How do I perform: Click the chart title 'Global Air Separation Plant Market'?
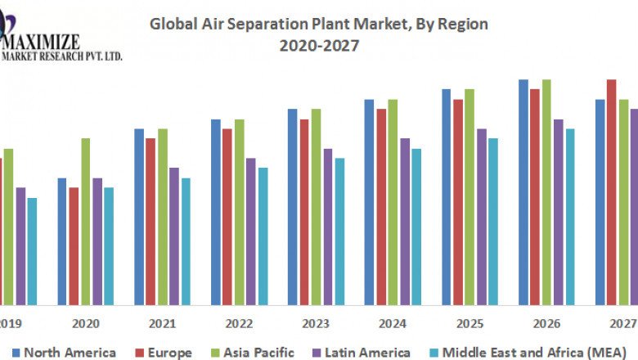318,25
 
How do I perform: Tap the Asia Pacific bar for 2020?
86,221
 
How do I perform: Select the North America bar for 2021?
139,217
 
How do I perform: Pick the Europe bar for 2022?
227,217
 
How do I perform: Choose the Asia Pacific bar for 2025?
470,196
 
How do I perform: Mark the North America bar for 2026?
523,192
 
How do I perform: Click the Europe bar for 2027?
612,192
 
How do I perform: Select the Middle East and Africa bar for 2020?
109,245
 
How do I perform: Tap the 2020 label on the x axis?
86,324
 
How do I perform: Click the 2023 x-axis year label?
316,324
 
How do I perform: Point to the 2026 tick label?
546,324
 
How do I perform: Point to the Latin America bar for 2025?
482,217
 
